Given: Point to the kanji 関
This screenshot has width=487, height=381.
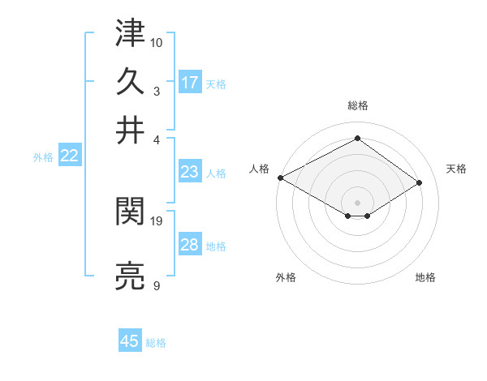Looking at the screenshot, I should pos(131,212).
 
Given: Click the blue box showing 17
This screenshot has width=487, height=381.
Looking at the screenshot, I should pos(190,83).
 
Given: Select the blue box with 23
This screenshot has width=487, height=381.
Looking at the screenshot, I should pos(190,172).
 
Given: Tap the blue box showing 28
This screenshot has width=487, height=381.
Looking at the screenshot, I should pos(190,246).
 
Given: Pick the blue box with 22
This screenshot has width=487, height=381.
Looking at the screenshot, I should pos(69,156).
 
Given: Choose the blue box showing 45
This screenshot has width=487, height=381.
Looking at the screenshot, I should pos(130,341).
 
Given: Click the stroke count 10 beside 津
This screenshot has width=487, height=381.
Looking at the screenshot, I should pos(157,41).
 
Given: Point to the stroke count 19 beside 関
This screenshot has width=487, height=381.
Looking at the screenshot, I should pos(157,220).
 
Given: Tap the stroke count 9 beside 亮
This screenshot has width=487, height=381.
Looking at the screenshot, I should pos(156,285).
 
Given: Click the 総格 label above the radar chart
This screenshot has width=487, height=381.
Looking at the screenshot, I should pos(357,105).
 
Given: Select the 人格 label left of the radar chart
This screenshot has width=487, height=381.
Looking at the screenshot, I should pos(261,169).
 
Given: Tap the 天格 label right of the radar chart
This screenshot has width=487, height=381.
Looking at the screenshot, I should pos(456,169).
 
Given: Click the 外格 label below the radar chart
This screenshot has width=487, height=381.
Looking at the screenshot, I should pos(286,277).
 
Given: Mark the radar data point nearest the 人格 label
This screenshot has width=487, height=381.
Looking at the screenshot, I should pos(280,177).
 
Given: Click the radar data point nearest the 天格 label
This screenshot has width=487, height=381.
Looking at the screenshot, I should pos(420,182).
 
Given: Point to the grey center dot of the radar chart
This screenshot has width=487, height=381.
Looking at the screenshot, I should pos(357,202).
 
